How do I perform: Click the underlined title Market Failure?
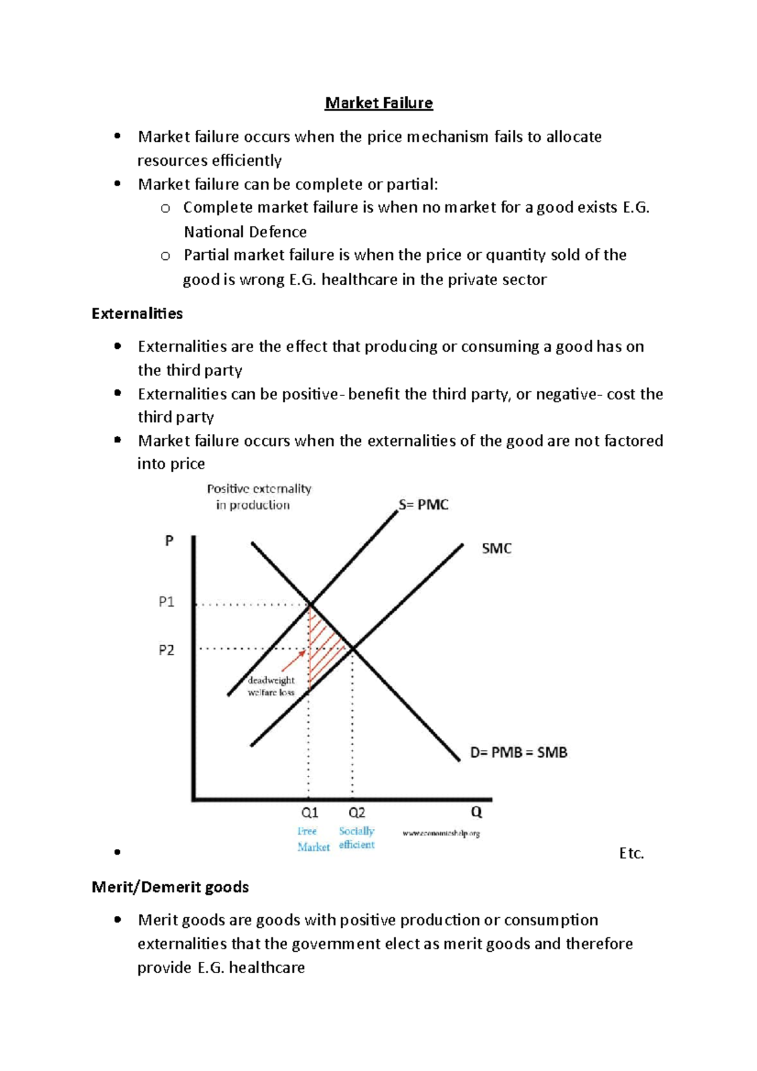(378, 103)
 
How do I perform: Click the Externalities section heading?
(137, 313)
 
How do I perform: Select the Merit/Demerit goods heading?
(170, 887)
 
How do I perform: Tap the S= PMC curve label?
(423, 505)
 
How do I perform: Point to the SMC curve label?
(496, 548)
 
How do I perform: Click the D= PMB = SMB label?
(519, 752)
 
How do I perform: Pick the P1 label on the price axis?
(166, 602)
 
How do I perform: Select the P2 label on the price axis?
(166, 650)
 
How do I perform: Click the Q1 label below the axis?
(309, 812)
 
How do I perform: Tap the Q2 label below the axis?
(356, 812)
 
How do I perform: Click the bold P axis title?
(169, 541)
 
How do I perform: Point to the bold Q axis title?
(476, 812)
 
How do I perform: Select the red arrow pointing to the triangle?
(293, 660)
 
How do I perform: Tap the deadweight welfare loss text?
(271, 686)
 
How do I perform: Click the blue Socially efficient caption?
(356, 838)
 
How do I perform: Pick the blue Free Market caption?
(313, 839)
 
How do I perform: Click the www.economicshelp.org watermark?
(441, 833)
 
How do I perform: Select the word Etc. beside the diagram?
(631, 853)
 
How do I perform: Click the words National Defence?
(245, 231)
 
